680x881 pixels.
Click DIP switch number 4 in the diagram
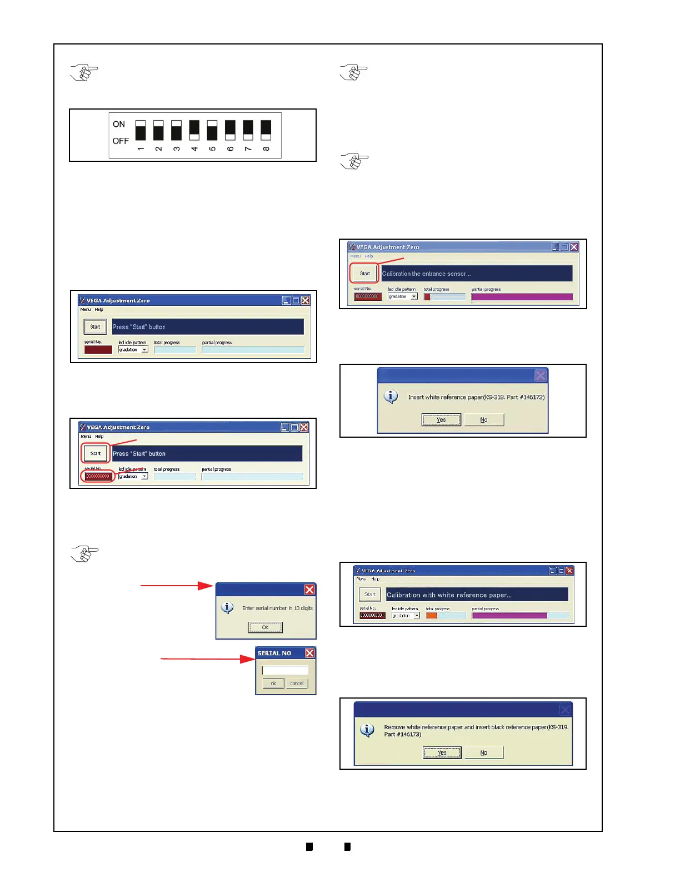[x=194, y=130]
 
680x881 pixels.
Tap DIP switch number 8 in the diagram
[x=266, y=130]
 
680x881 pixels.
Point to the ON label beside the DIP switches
[x=119, y=124]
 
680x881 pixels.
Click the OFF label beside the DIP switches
[x=121, y=141]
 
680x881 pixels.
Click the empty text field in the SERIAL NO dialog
[x=285, y=670]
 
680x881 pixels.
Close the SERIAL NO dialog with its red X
[x=309, y=653]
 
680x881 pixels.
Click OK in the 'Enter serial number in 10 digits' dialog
[x=265, y=627]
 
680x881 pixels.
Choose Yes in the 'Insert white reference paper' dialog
[x=441, y=420]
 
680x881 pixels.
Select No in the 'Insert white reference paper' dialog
[x=484, y=420]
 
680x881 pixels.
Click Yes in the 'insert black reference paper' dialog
[x=442, y=753]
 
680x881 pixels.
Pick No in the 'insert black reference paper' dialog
[x=484, y=753]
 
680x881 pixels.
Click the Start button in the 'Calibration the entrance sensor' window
[x=364, y=273]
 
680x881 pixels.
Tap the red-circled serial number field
[x=98, y=476]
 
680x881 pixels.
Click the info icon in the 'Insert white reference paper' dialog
[x=391, y=397]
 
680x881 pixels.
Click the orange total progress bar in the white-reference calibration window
[x=432, y=616]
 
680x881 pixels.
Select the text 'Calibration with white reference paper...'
[x=449, y=595]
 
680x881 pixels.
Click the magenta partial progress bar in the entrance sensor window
[x=522, y=297]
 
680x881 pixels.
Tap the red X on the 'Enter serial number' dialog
[x=309, y=590]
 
